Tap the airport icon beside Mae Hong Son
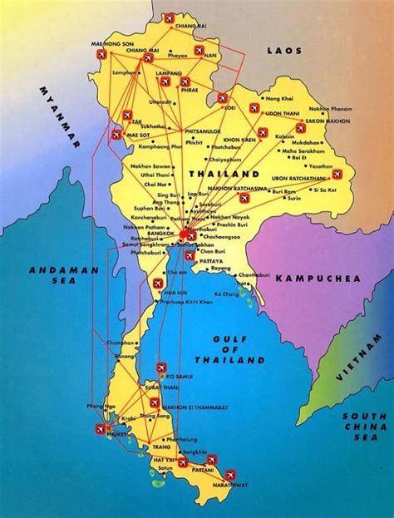click(101, 54)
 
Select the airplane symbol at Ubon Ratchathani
click(338, 175)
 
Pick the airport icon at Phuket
click(102, 429)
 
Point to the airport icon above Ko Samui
click(161, 368)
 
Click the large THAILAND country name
click(224, 174)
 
